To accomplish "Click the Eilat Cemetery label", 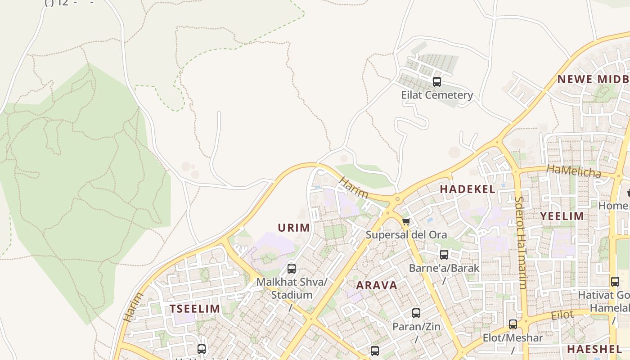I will click(437, 95).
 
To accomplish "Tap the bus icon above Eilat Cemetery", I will click(436, 82).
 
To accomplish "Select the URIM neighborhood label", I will click(294, 228).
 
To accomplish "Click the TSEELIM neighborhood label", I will click(195, 309).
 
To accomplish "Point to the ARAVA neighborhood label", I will click(377, 285).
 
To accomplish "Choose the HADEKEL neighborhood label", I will click(468, 189).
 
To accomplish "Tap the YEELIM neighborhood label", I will click(562, 216).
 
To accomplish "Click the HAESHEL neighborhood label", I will click(594, 349).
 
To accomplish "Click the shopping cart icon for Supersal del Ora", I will click(406, 221).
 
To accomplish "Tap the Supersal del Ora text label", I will click(406, 235).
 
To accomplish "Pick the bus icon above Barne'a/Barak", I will click(444, 255).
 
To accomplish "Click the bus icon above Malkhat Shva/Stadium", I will click(292, 269).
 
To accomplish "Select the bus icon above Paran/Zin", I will click(416, 313).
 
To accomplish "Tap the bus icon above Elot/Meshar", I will click(513, 324).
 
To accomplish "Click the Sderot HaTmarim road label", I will click(521, 243).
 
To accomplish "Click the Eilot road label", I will click(562, 315).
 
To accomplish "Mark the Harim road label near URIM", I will click(354, 188).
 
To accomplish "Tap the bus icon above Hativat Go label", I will click(615, 282).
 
